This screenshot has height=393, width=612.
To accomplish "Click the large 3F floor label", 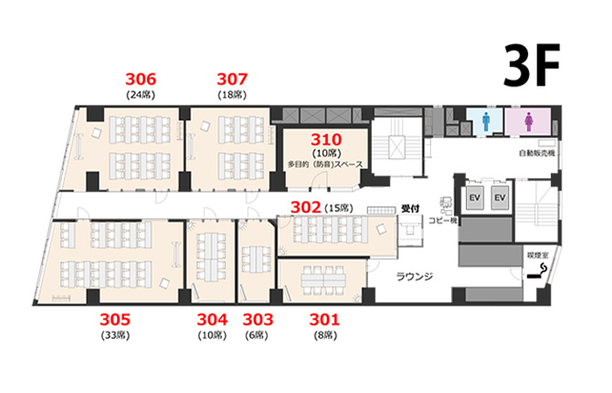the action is click(x=532, y=65).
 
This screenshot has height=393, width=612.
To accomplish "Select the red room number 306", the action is click(x=141, y=79).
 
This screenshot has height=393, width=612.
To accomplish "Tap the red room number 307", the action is click(x=233, y=79).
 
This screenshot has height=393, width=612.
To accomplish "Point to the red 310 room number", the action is click(x=326, y=140).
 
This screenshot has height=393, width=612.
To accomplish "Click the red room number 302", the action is click(x=306, y=208).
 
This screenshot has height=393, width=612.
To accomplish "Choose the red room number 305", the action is click(x=115, y=320).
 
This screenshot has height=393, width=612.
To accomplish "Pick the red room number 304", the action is click(x=212, y=320).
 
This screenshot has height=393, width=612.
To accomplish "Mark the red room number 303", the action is click(x=258, y=320).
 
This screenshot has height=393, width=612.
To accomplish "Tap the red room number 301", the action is click(x=324, y=320).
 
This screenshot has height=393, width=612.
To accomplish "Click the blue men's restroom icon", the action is click(x=486, y=121).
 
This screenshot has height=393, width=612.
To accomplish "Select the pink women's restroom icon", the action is click(x=529, y=121).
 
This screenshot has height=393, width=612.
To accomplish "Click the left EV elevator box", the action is click(x=475, y=197).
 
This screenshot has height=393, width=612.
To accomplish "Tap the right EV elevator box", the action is click(x=500, y=197).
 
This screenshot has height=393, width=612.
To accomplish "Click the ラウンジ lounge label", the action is click(x=415, y=277).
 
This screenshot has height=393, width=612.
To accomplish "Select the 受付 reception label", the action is click(x=410, y=209).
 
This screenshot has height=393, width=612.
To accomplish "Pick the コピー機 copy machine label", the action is click(x=444, y=221).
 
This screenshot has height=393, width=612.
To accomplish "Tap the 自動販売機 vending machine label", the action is click(x=537, y=153).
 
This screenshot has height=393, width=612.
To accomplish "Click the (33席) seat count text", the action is click(x=115, y=334).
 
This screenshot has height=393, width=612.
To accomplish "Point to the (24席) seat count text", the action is click(x=141, y=94).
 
